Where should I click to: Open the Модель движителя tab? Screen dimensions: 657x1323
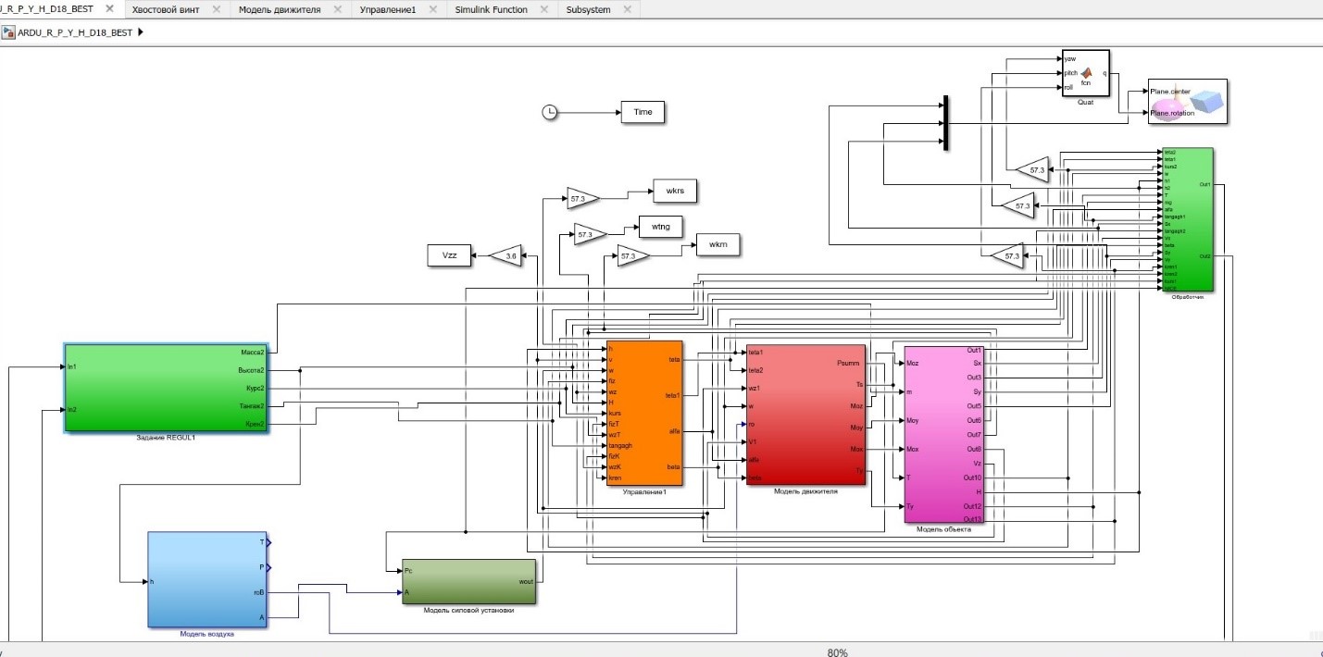click(279, 9)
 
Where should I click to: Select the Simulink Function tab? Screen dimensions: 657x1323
click(491, 9)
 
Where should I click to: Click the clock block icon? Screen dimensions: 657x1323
click(549, 112)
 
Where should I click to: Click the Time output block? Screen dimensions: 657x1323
click(643, 112)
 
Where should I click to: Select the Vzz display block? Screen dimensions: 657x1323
click(449, 256)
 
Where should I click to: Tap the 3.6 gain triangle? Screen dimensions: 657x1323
click(505, 256)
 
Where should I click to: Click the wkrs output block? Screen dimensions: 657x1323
click(675, 191)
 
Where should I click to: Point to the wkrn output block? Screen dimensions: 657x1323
click(718, 245)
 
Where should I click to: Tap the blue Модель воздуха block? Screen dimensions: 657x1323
click(206, 579)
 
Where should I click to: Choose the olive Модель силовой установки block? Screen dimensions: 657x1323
click(468, 581)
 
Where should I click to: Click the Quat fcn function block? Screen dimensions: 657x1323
click(1085, 72)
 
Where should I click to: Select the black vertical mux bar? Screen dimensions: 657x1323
click(945, 122)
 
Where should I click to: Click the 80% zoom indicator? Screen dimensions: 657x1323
click(838, 651)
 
